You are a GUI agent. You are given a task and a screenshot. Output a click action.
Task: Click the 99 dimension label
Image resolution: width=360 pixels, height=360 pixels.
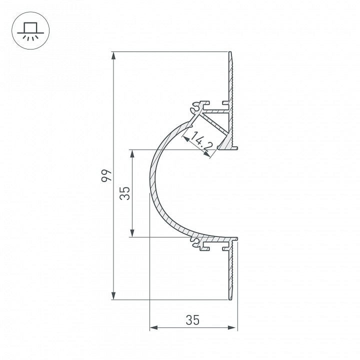pos(106,175)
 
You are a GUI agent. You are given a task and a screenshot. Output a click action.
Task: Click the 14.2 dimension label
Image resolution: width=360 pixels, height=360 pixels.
pos(200,142)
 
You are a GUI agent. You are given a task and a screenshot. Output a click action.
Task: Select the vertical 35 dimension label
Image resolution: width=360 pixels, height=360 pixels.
pos(125,193)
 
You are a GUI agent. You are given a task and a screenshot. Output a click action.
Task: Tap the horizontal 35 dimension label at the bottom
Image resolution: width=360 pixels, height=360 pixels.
pos(192,320)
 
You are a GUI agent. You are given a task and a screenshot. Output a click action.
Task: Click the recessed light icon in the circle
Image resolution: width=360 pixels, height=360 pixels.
pos(30,31)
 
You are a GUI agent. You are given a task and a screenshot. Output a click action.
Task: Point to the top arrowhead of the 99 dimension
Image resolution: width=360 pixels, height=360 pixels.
pos(113,55)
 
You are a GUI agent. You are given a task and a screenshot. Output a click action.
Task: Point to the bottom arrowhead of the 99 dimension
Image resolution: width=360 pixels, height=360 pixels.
pos(113,296)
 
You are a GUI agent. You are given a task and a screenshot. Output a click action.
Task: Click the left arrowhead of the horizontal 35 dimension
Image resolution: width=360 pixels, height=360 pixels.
pos(153,327)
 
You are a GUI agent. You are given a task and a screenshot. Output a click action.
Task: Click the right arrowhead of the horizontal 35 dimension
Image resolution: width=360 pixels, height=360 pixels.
pos(232,327)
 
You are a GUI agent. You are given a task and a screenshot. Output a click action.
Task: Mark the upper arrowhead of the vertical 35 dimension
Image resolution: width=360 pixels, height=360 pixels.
pos(132,153)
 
